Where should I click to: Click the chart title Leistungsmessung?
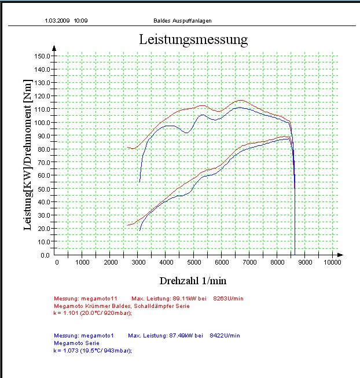point(193,39)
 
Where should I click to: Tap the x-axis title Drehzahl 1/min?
point(193,280)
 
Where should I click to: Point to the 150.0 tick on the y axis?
point(42,56)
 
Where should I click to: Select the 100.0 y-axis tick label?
point(42,123)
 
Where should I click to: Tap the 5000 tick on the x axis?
point(194,263)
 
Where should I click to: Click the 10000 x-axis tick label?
point(332,263)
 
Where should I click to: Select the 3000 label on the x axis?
point(139,263)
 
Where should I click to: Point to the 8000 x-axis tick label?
point(277,263)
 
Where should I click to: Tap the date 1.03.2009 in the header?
point(57,20)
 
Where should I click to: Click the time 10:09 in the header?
point(81,20)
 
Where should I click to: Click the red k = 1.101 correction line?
point(92,313)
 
